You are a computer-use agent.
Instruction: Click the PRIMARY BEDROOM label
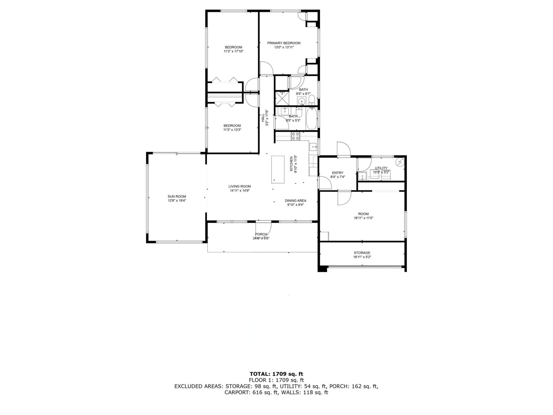284,43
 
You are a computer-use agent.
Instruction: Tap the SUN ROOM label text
177,197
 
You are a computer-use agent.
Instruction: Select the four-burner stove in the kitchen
295,136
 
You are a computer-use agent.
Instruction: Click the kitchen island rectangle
278,169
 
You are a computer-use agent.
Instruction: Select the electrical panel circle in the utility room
400,163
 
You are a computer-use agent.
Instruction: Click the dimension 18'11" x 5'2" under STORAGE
362,257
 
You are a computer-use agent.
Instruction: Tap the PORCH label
261,234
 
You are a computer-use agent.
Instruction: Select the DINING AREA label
296,201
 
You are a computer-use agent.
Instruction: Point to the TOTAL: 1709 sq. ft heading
276,374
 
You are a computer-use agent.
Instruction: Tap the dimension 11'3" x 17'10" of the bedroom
233,51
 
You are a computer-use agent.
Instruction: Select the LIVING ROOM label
240,186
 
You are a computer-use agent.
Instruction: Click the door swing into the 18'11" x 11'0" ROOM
344,198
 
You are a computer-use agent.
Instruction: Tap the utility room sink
362,176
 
